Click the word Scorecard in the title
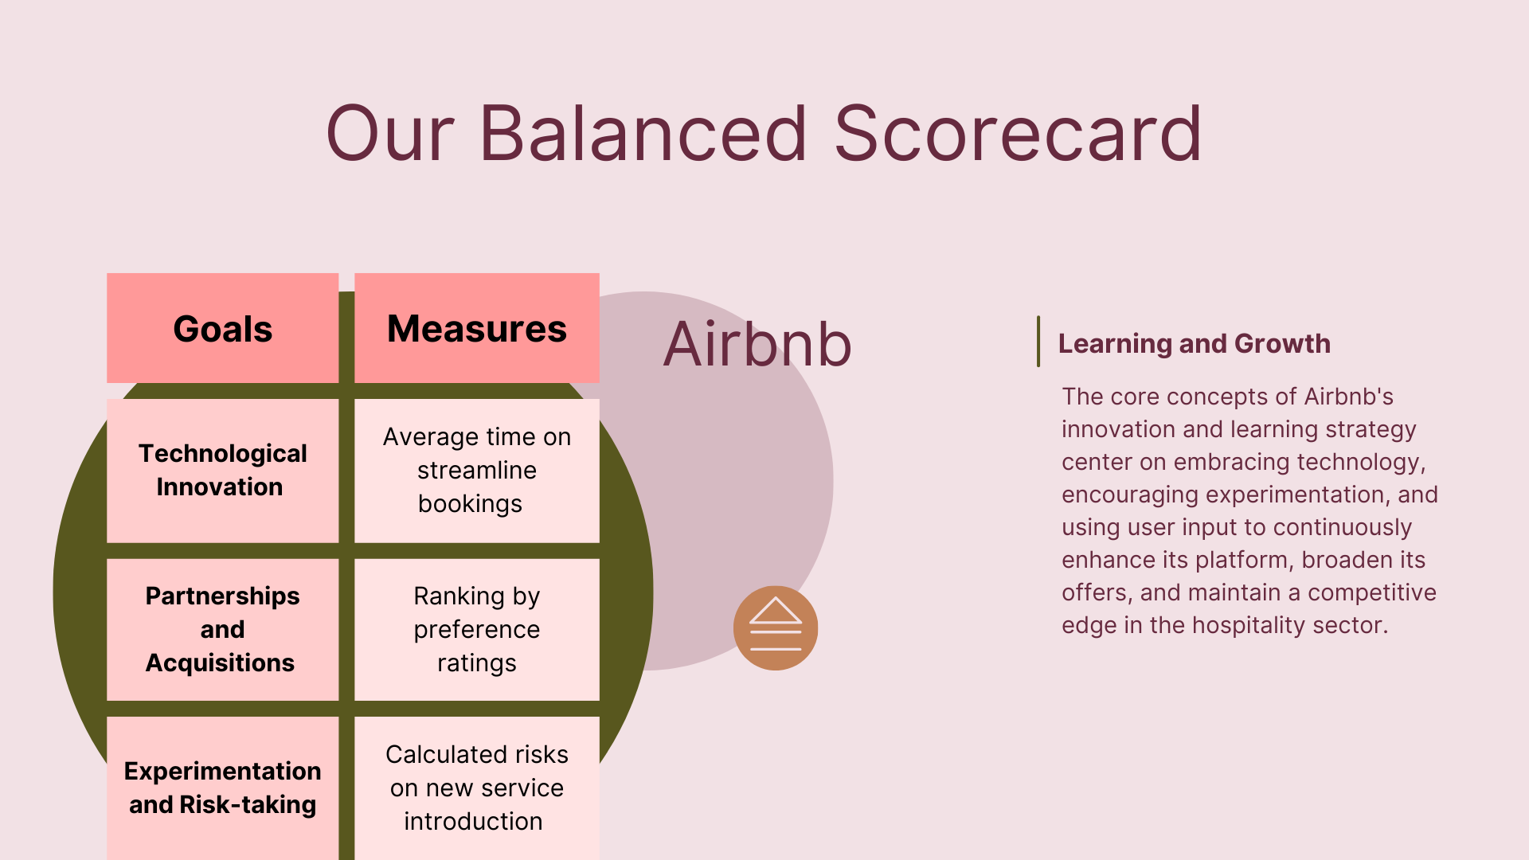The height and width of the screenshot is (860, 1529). pos(1018,133)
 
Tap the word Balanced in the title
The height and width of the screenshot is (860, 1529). pos(643,133)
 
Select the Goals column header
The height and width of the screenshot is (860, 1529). pos(223,328)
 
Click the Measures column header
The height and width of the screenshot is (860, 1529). pos(477,328)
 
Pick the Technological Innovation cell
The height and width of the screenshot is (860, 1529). pos(223,471)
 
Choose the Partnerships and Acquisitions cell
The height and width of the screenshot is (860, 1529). pos(223,629)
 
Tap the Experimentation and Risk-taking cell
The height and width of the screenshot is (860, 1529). pos(223,788)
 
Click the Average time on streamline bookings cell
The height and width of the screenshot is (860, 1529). pos(477,471)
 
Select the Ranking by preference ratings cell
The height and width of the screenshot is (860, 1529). pos(477,629)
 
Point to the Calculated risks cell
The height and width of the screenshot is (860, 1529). pos(477,788)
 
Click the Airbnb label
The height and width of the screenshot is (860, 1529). pos(757,344)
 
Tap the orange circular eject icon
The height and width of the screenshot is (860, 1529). pos(776,628)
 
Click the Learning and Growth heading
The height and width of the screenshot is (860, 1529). pos(1194,343)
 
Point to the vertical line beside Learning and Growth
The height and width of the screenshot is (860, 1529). pos(1038,342)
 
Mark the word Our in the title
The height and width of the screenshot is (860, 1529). pos(390,133)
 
